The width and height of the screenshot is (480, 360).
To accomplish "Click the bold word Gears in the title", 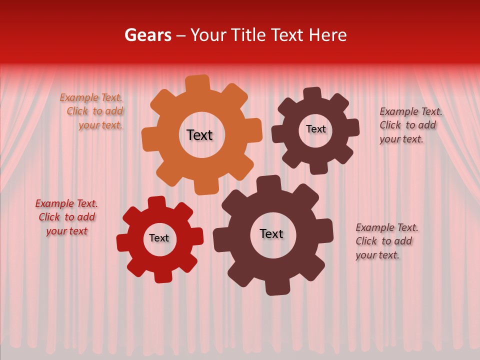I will pos(147,35).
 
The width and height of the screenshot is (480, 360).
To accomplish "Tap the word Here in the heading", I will pos(327,35).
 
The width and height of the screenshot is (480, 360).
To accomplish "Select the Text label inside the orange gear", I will pos(199,135).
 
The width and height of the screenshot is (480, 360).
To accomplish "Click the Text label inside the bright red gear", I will pos(159,238).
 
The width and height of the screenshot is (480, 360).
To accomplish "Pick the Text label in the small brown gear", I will pos(315,129).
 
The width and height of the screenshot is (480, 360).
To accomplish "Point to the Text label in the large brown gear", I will pos(271,234).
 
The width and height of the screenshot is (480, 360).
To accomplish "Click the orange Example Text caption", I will pos(92,111).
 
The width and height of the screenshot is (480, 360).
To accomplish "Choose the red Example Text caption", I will pos(66,217).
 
